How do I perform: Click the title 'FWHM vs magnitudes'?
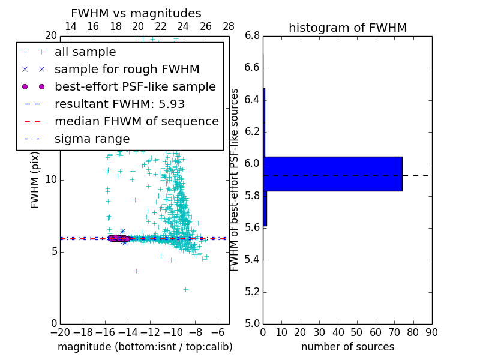136,13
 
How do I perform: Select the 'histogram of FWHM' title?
347,28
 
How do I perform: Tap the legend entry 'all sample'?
85,52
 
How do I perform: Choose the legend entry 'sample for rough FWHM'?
127,70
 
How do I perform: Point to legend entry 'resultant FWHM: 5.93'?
119,104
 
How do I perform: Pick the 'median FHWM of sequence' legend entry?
136,121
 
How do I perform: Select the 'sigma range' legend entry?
92,139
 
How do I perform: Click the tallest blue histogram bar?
332,174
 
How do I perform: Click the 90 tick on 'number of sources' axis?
431,332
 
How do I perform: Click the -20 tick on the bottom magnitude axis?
60,332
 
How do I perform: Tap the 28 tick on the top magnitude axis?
229,26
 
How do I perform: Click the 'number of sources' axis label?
347,347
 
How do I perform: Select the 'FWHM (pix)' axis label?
35,179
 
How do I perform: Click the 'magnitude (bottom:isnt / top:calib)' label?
145,347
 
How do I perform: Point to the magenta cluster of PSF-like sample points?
118,238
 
